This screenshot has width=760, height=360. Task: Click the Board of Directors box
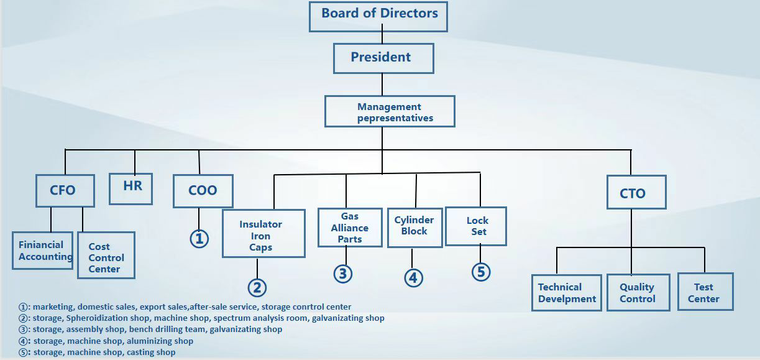378,16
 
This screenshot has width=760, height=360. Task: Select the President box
383,58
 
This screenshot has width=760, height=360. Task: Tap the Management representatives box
390,112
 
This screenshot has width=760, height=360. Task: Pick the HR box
131,187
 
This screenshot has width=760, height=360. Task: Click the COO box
203,190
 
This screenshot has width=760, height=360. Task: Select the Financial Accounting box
42,251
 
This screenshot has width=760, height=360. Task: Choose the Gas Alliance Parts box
350,228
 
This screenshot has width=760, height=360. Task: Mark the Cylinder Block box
414,226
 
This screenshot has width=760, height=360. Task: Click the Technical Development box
567,292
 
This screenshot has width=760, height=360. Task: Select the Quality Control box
638,292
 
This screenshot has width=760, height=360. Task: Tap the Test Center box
705,292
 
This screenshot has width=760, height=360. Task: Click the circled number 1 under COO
199,239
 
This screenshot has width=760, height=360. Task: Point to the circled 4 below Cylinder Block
413,277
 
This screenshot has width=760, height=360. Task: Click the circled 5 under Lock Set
480,272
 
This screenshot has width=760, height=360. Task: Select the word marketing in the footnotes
52,307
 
